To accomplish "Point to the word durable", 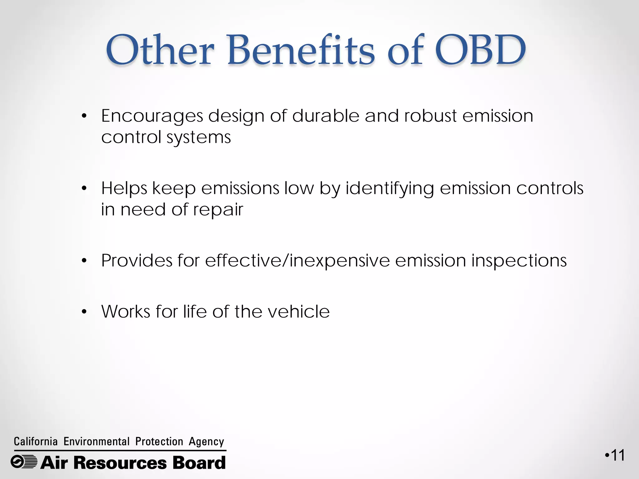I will coord(326,116).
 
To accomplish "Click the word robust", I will coord(431,116).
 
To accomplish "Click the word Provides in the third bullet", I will coord(136,261).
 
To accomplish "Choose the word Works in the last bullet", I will coord(126,312).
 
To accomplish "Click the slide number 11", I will coord(617,456).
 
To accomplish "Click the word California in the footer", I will coord(36,442).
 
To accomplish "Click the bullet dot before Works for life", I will coord(84,312).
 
